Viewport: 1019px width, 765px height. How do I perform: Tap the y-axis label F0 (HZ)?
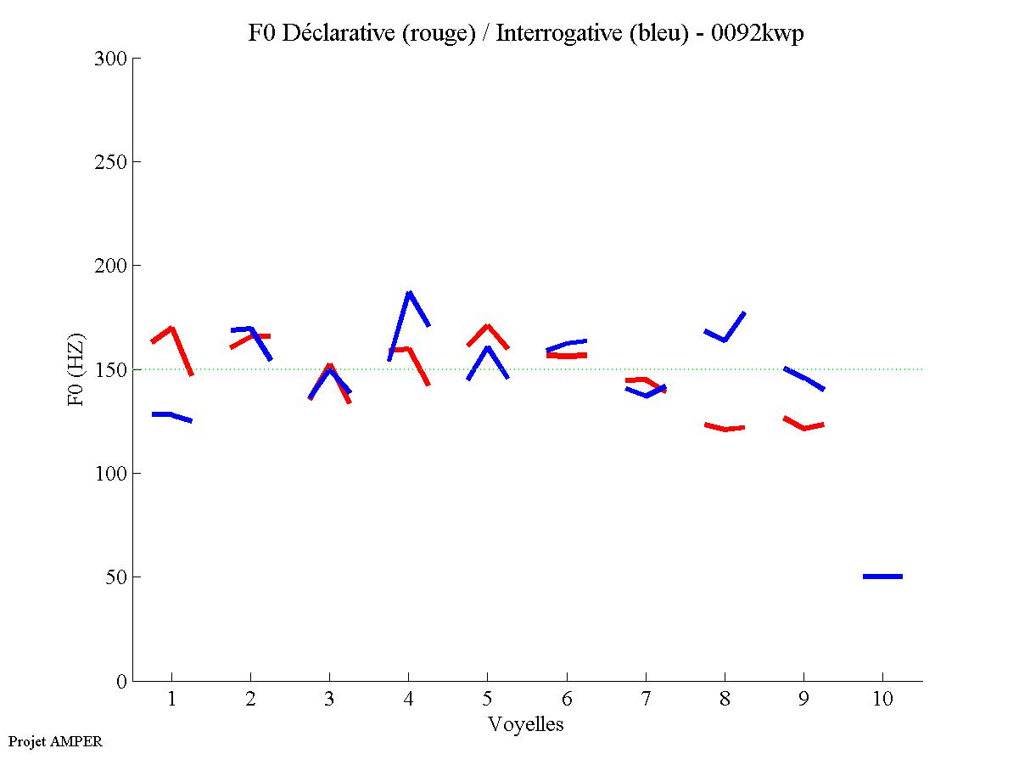click(x=76, y=369)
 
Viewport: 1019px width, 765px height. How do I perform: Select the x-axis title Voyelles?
click(x=526, y=724)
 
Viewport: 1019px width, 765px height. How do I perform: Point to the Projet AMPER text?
click(x=55, y=741)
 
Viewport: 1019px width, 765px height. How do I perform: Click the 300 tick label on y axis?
click(x=110, y=59)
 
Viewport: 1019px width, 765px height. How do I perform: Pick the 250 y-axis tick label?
click(x=110, y=162)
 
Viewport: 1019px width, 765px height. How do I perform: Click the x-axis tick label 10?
click(x=882, y=700)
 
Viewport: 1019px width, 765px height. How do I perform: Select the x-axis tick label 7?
click(x=646, y=700)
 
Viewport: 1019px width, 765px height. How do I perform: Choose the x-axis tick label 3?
click(x=329, y=700)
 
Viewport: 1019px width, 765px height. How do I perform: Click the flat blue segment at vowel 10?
click(x=882, y=577)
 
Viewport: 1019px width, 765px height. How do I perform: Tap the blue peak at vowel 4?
click(x=409, y=293)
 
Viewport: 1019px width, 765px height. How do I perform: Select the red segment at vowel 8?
click(x=725, y=429)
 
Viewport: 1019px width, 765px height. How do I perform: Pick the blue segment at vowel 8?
click(x=725, y=339)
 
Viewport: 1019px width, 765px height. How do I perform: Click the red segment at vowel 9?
click(x=803, y=428)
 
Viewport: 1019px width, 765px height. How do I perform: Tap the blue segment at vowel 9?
click(x=803, y=378)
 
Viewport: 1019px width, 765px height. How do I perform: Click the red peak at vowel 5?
click(x=487, y=326)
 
